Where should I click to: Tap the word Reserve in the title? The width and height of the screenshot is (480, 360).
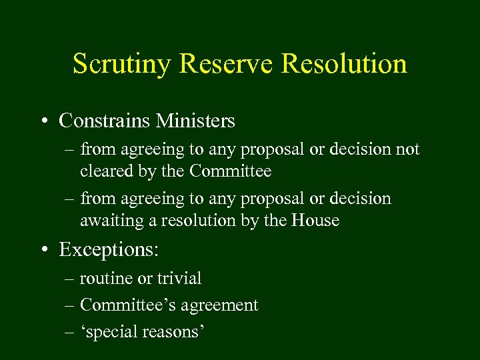(x=225, y=64)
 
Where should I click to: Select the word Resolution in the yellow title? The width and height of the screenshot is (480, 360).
(x=345, y=64)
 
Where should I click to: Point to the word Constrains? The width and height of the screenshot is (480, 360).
(x=105, y=121)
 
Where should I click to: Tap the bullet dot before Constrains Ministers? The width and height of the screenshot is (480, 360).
(x=44, y=121)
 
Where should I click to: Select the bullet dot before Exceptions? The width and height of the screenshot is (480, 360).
(x=44, y=250)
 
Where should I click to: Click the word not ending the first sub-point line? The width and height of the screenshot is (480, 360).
(x=407, y=149)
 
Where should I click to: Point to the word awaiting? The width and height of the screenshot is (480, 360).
(x=107, y=221)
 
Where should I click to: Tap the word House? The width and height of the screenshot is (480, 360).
(x=315, y=221)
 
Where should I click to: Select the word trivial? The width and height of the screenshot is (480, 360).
(x=179, y=278)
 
